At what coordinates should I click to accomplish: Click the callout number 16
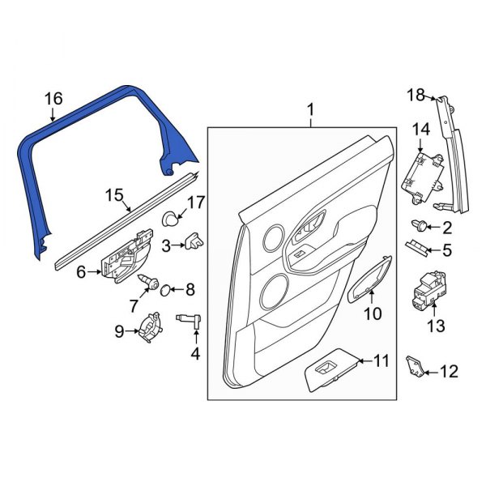tap(53, 99)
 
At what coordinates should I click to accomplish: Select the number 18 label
tap(415, 96)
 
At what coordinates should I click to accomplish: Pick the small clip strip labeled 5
tap(417, 246)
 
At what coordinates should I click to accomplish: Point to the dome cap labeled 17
tap(171, 217)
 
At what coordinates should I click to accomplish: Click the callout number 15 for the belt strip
tap(115, 195)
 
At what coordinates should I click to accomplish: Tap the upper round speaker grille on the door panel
tap(272, 238)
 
